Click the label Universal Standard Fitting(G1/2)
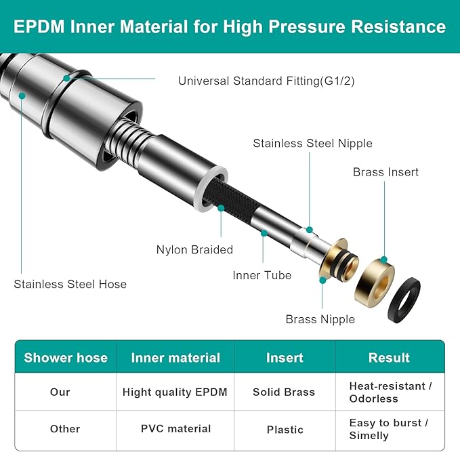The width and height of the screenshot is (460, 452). pyautogui.click(x=266, y=81)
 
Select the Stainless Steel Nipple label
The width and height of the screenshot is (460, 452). pyautogui.click(x=312, y=143)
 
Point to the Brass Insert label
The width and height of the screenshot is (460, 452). pyautogui.click(x=385, y=172)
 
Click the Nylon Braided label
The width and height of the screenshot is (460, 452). pyautogui.click(x=194, y=250)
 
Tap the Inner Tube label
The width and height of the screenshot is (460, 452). pyautogui.click(x=262, y=275)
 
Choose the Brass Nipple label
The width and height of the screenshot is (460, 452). pyautogui.click(x=320, y=319)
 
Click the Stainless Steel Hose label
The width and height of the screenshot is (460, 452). pyautogui.click(x=70, y=284)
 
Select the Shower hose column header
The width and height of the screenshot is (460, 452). pyautogui.click(x=66, y=358)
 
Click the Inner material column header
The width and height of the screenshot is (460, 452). pyautogui.click(x=175, y=358)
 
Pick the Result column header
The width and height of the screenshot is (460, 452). pyautogui.click(x=389, y=358)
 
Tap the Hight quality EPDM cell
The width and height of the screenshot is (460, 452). pyautogui.click(x=175, y=392)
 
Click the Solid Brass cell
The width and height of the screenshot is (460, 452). pyautogui.click(x=284, y=392)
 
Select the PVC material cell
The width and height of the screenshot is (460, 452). pyautogui.click(x=175, y=429)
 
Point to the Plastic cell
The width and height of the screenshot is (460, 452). pyautogui.click(x=285, y=430)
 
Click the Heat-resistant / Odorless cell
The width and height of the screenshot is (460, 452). pyautogui.click(x=390, y=392)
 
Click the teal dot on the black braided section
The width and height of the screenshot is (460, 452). pyautogui.click(x=222, y=209)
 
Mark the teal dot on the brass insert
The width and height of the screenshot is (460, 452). pyautogui.click(x=384, y=260)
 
